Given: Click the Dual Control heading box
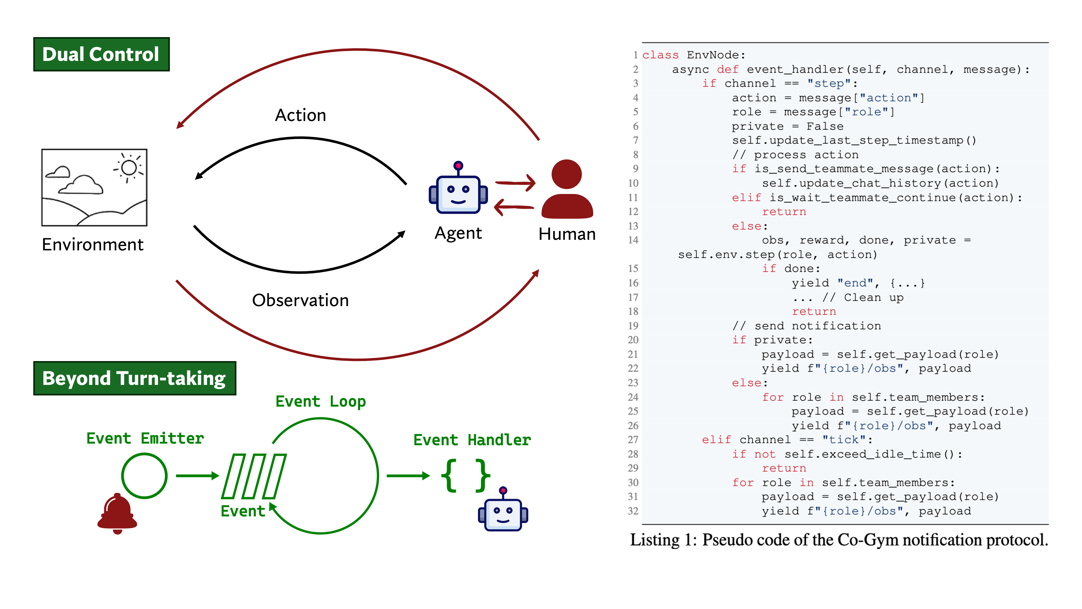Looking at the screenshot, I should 101,54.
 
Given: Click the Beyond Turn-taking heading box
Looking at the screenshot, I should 134,378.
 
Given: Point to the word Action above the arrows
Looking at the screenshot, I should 300,115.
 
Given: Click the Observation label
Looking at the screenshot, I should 300,300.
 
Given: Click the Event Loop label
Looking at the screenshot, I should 321,401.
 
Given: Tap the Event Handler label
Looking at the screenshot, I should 472,440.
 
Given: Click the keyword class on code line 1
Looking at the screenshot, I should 660,55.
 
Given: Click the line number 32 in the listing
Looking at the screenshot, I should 633,511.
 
